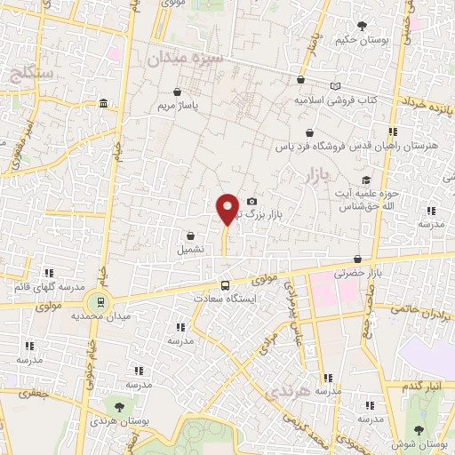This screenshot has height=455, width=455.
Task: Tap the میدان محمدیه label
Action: point(131,315)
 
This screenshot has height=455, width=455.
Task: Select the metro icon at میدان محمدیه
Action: point(100,302)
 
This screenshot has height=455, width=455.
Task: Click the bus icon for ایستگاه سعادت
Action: point(225,286)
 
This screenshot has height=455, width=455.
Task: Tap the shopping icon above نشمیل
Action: point(191,235)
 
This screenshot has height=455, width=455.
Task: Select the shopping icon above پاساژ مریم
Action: point(178,91)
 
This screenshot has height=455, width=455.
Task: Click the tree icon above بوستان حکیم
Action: point(361,26)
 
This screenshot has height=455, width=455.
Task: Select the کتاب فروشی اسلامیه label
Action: point(336,100)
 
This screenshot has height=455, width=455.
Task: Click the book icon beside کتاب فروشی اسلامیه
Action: point(335,86)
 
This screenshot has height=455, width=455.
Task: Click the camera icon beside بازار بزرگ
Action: point(252,202)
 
